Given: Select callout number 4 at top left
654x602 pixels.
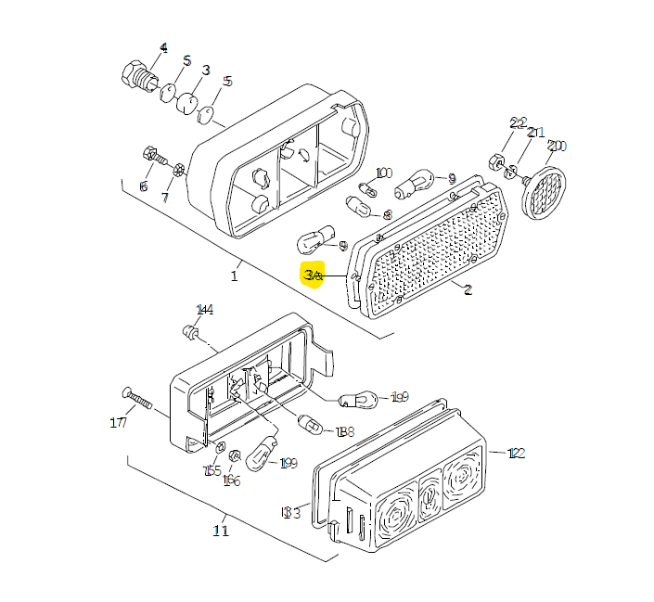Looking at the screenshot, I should coord(164,48).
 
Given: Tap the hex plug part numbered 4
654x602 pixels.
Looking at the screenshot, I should coord(135,73).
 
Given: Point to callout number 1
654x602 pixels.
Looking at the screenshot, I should coord(235,275).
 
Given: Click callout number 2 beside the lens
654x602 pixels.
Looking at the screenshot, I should coord(468,290).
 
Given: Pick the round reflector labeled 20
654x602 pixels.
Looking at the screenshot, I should coord(544,191).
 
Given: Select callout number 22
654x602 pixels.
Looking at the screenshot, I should coord(518,123).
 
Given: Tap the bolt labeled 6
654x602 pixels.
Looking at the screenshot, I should coord(149,154).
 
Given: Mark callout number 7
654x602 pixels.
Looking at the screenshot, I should coord(166,198).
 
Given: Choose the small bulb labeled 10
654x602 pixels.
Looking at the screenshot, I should coord(368,191).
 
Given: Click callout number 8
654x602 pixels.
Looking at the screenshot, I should coord(387,215).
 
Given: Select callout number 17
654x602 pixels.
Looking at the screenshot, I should coord(118,424).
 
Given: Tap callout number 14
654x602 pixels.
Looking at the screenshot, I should coord(204,310).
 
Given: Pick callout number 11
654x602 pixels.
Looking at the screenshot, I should coord(220,531).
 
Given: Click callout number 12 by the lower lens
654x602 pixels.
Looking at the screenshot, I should coord(517,454).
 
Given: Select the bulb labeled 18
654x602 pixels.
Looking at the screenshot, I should coord(312,427).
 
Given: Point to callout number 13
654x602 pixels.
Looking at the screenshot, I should coord(291,512).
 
